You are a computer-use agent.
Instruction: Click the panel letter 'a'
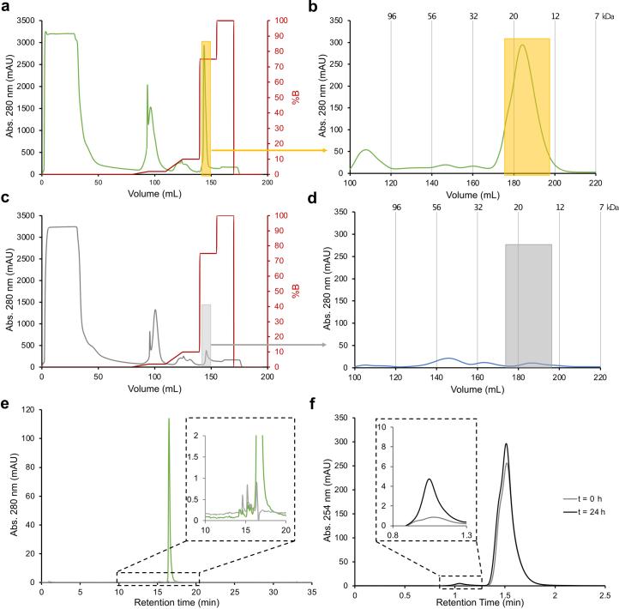(5, 7)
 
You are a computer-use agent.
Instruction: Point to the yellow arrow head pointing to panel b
(327, 150)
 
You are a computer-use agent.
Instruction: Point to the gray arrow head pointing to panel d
(327, 344)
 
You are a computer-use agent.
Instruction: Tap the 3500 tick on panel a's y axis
(23, 20)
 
